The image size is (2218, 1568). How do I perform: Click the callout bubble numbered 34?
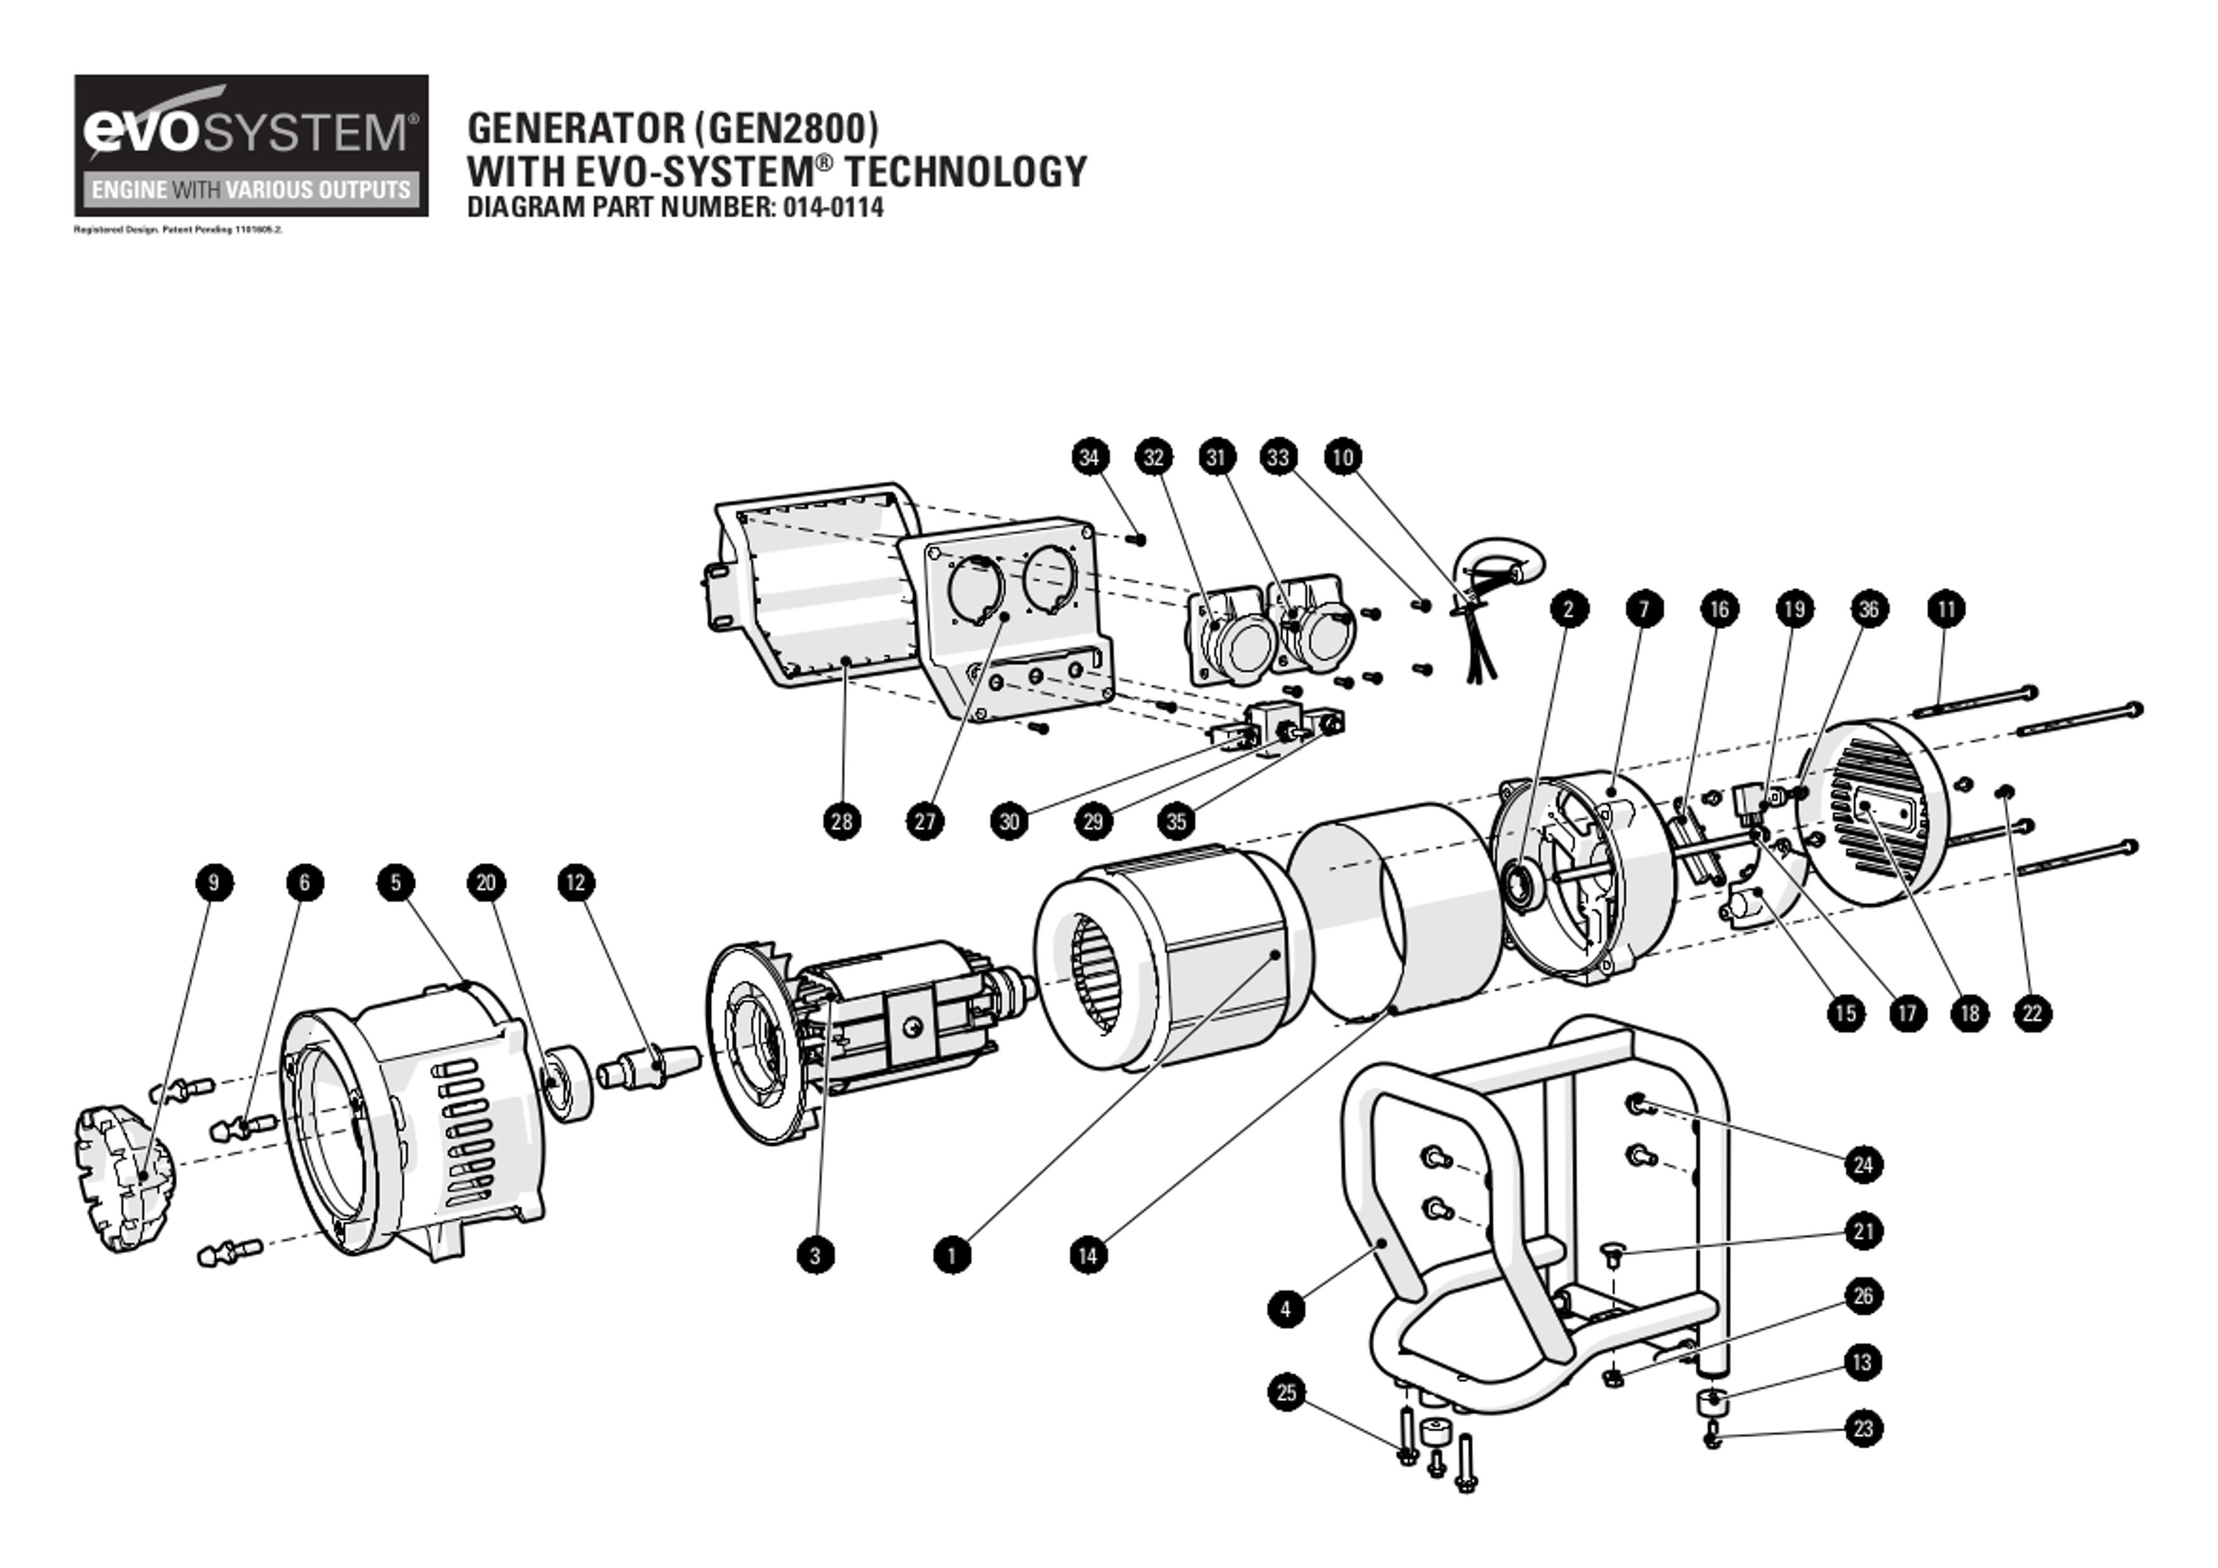pyautogui.click(x=1089, y=457)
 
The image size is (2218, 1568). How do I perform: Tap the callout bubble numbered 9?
pyautogui.click(x=214, y=882)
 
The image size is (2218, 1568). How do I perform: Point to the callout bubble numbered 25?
pyautogui.click(x=1286, y=1392)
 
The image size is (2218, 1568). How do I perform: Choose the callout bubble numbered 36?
pyautogui.click(x=1869, y=609)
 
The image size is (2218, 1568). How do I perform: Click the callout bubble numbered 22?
pyautogui.click(x=2031, y=1014)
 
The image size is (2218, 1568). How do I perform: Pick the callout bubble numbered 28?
pyautogui.click(x=842, y=821)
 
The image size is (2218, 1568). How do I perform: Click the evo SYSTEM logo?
pyautogui.click(x=251, y=145)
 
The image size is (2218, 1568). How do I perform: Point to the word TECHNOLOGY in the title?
pyautogui.click(x=966, y=172)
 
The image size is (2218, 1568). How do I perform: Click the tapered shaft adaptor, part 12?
pyautogui.click(x=649, y=1065)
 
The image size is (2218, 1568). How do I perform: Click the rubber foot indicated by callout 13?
pyautogui.click(x=1711, y=1401)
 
